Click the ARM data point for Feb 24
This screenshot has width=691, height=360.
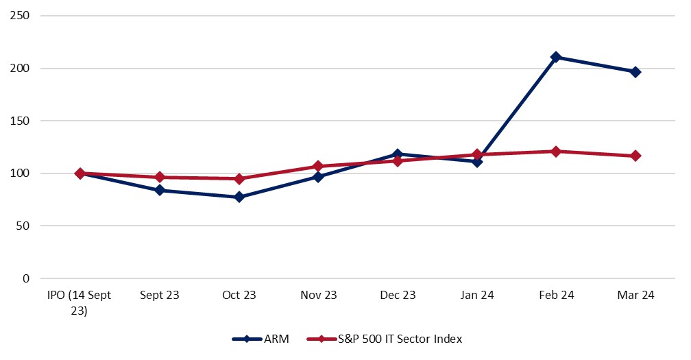556,57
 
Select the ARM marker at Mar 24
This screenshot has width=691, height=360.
635,72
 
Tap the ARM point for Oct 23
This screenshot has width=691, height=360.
239,197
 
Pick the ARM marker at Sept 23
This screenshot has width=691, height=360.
160,190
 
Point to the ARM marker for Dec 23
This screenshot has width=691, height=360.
398,154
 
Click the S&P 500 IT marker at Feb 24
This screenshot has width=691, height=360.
556,152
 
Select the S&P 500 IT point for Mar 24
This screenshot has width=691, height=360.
635,156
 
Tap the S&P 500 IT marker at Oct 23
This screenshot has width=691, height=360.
239,179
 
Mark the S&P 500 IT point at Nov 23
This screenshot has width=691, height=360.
318,166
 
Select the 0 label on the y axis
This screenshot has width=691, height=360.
25,278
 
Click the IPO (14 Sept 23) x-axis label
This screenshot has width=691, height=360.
80,302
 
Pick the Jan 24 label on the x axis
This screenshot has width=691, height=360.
476,296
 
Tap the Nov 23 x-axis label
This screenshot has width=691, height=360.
318,296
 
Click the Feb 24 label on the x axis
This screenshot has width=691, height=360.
556,296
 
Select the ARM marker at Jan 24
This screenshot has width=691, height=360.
476,162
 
